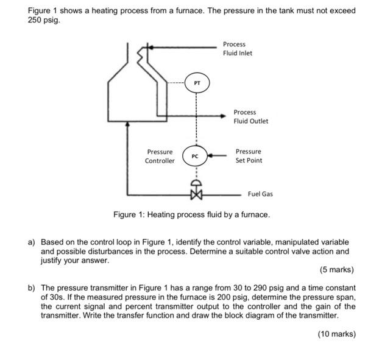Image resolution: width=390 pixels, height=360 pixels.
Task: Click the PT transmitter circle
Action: coord(196,83)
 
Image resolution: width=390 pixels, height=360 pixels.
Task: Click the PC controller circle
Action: coord(195,156)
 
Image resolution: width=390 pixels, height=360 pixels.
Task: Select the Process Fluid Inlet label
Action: coord(237,49)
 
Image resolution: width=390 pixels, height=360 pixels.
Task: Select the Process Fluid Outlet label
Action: coord(250,116)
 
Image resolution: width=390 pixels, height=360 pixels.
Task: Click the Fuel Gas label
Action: coord(260,194)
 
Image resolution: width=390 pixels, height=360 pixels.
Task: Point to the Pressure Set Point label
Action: coord(249,156)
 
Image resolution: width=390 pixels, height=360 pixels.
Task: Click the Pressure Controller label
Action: coord(160,156)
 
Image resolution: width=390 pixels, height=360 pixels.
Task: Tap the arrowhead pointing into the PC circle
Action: coord(211,156)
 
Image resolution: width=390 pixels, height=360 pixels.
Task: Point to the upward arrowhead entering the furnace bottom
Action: coord(127,124)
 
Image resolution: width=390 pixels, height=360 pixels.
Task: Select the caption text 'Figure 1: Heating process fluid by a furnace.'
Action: coord(191,215)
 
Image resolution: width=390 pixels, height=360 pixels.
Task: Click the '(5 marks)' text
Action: coord(336,269)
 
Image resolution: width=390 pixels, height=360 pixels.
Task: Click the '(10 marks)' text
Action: coord(336,334)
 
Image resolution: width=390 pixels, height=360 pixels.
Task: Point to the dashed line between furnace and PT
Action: coord(176,83)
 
